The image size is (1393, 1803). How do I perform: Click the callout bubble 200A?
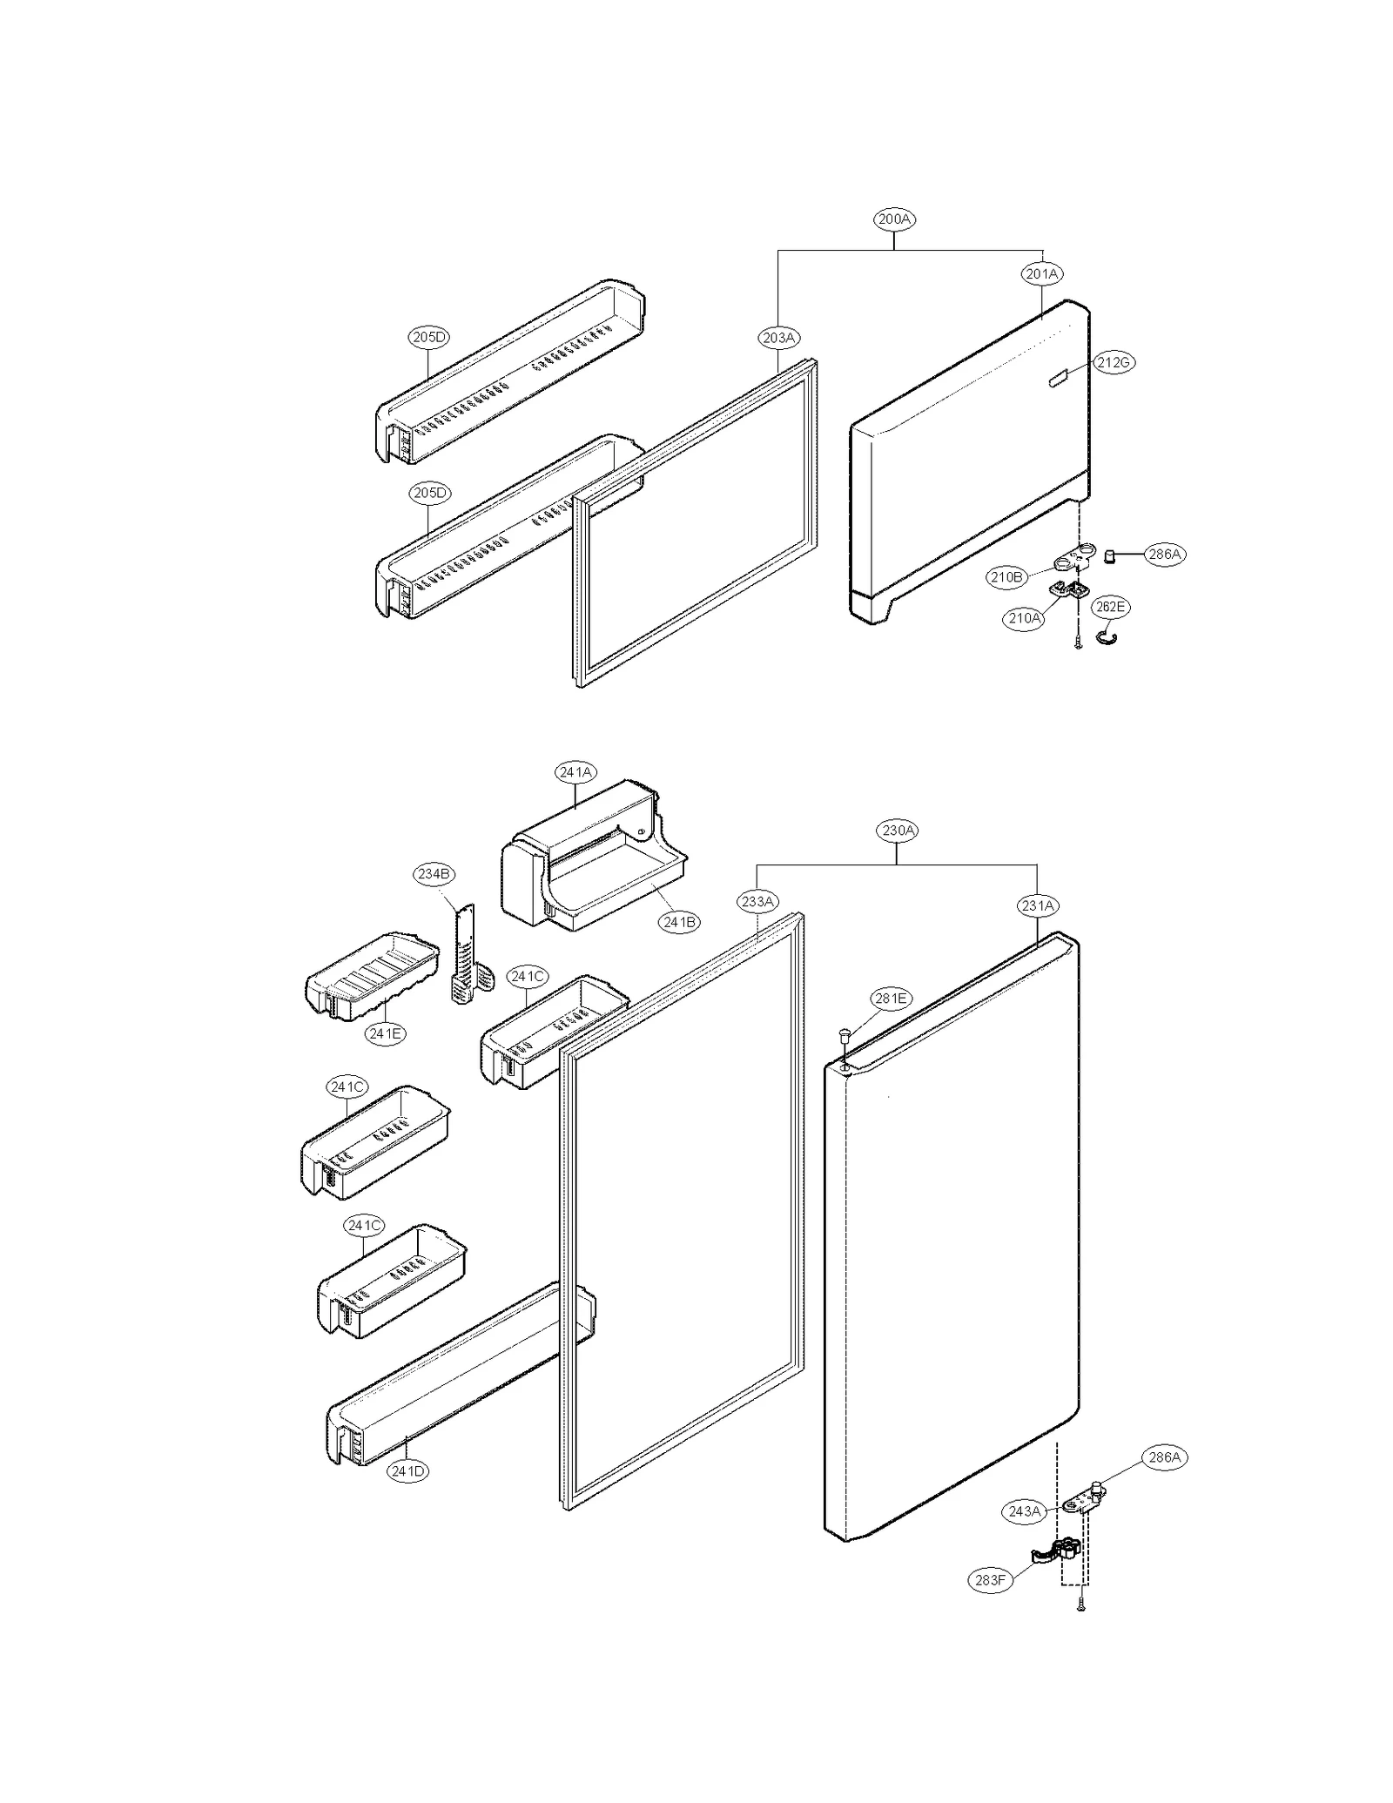[894, 220]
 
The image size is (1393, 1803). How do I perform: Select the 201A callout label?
[1041, 274]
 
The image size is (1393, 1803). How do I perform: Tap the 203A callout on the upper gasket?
[778, 338]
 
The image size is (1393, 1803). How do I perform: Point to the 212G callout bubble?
[1114, 362]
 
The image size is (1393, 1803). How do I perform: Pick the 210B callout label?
[1006, 576]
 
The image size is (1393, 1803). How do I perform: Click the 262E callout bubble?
[1110, 607]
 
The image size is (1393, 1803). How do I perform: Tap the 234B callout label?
[434, 874]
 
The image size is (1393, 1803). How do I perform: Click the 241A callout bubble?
[575, 772]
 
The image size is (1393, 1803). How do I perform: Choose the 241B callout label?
[678, 922]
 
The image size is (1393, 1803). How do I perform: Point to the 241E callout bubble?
[385, 1033]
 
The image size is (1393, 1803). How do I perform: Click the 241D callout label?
[407, 1471]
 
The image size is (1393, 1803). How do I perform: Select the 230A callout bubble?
[898, 831]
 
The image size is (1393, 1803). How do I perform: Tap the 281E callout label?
[891, 999]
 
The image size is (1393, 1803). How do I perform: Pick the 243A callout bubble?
[1025, 1511]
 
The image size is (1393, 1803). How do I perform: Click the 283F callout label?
[991, 1579]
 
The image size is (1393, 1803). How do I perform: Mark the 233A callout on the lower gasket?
[757, 902]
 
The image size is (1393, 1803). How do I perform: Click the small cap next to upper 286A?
[1110, 555]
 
